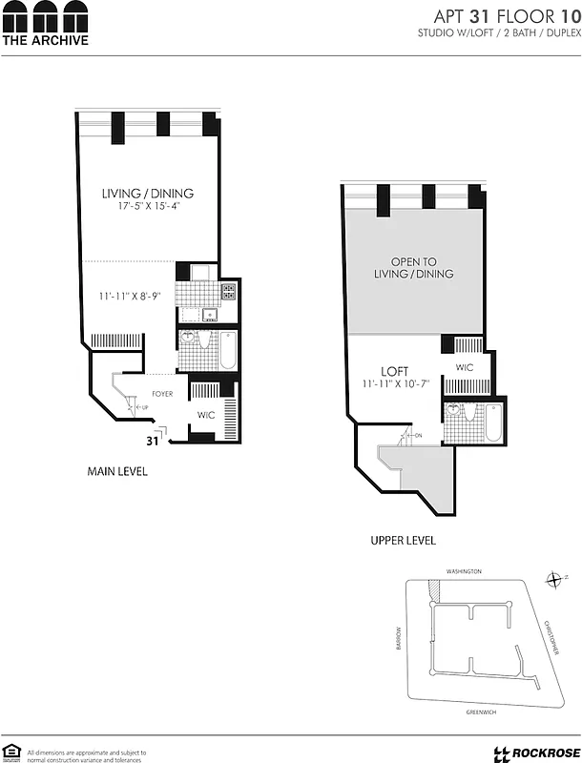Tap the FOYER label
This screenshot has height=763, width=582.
pos(162,393)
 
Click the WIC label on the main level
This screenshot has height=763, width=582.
pos(206,415)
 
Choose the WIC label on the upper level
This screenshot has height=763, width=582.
pos(465,368)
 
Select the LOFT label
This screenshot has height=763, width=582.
pos(394,371)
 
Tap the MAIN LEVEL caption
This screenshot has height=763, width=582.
pos(117,471)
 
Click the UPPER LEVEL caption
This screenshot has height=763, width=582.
pos(403,540)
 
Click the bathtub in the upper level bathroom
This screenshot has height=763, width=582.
pos(492,423)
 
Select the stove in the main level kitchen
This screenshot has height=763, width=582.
pos(229,291)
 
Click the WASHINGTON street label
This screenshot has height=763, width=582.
pos(464,571)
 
